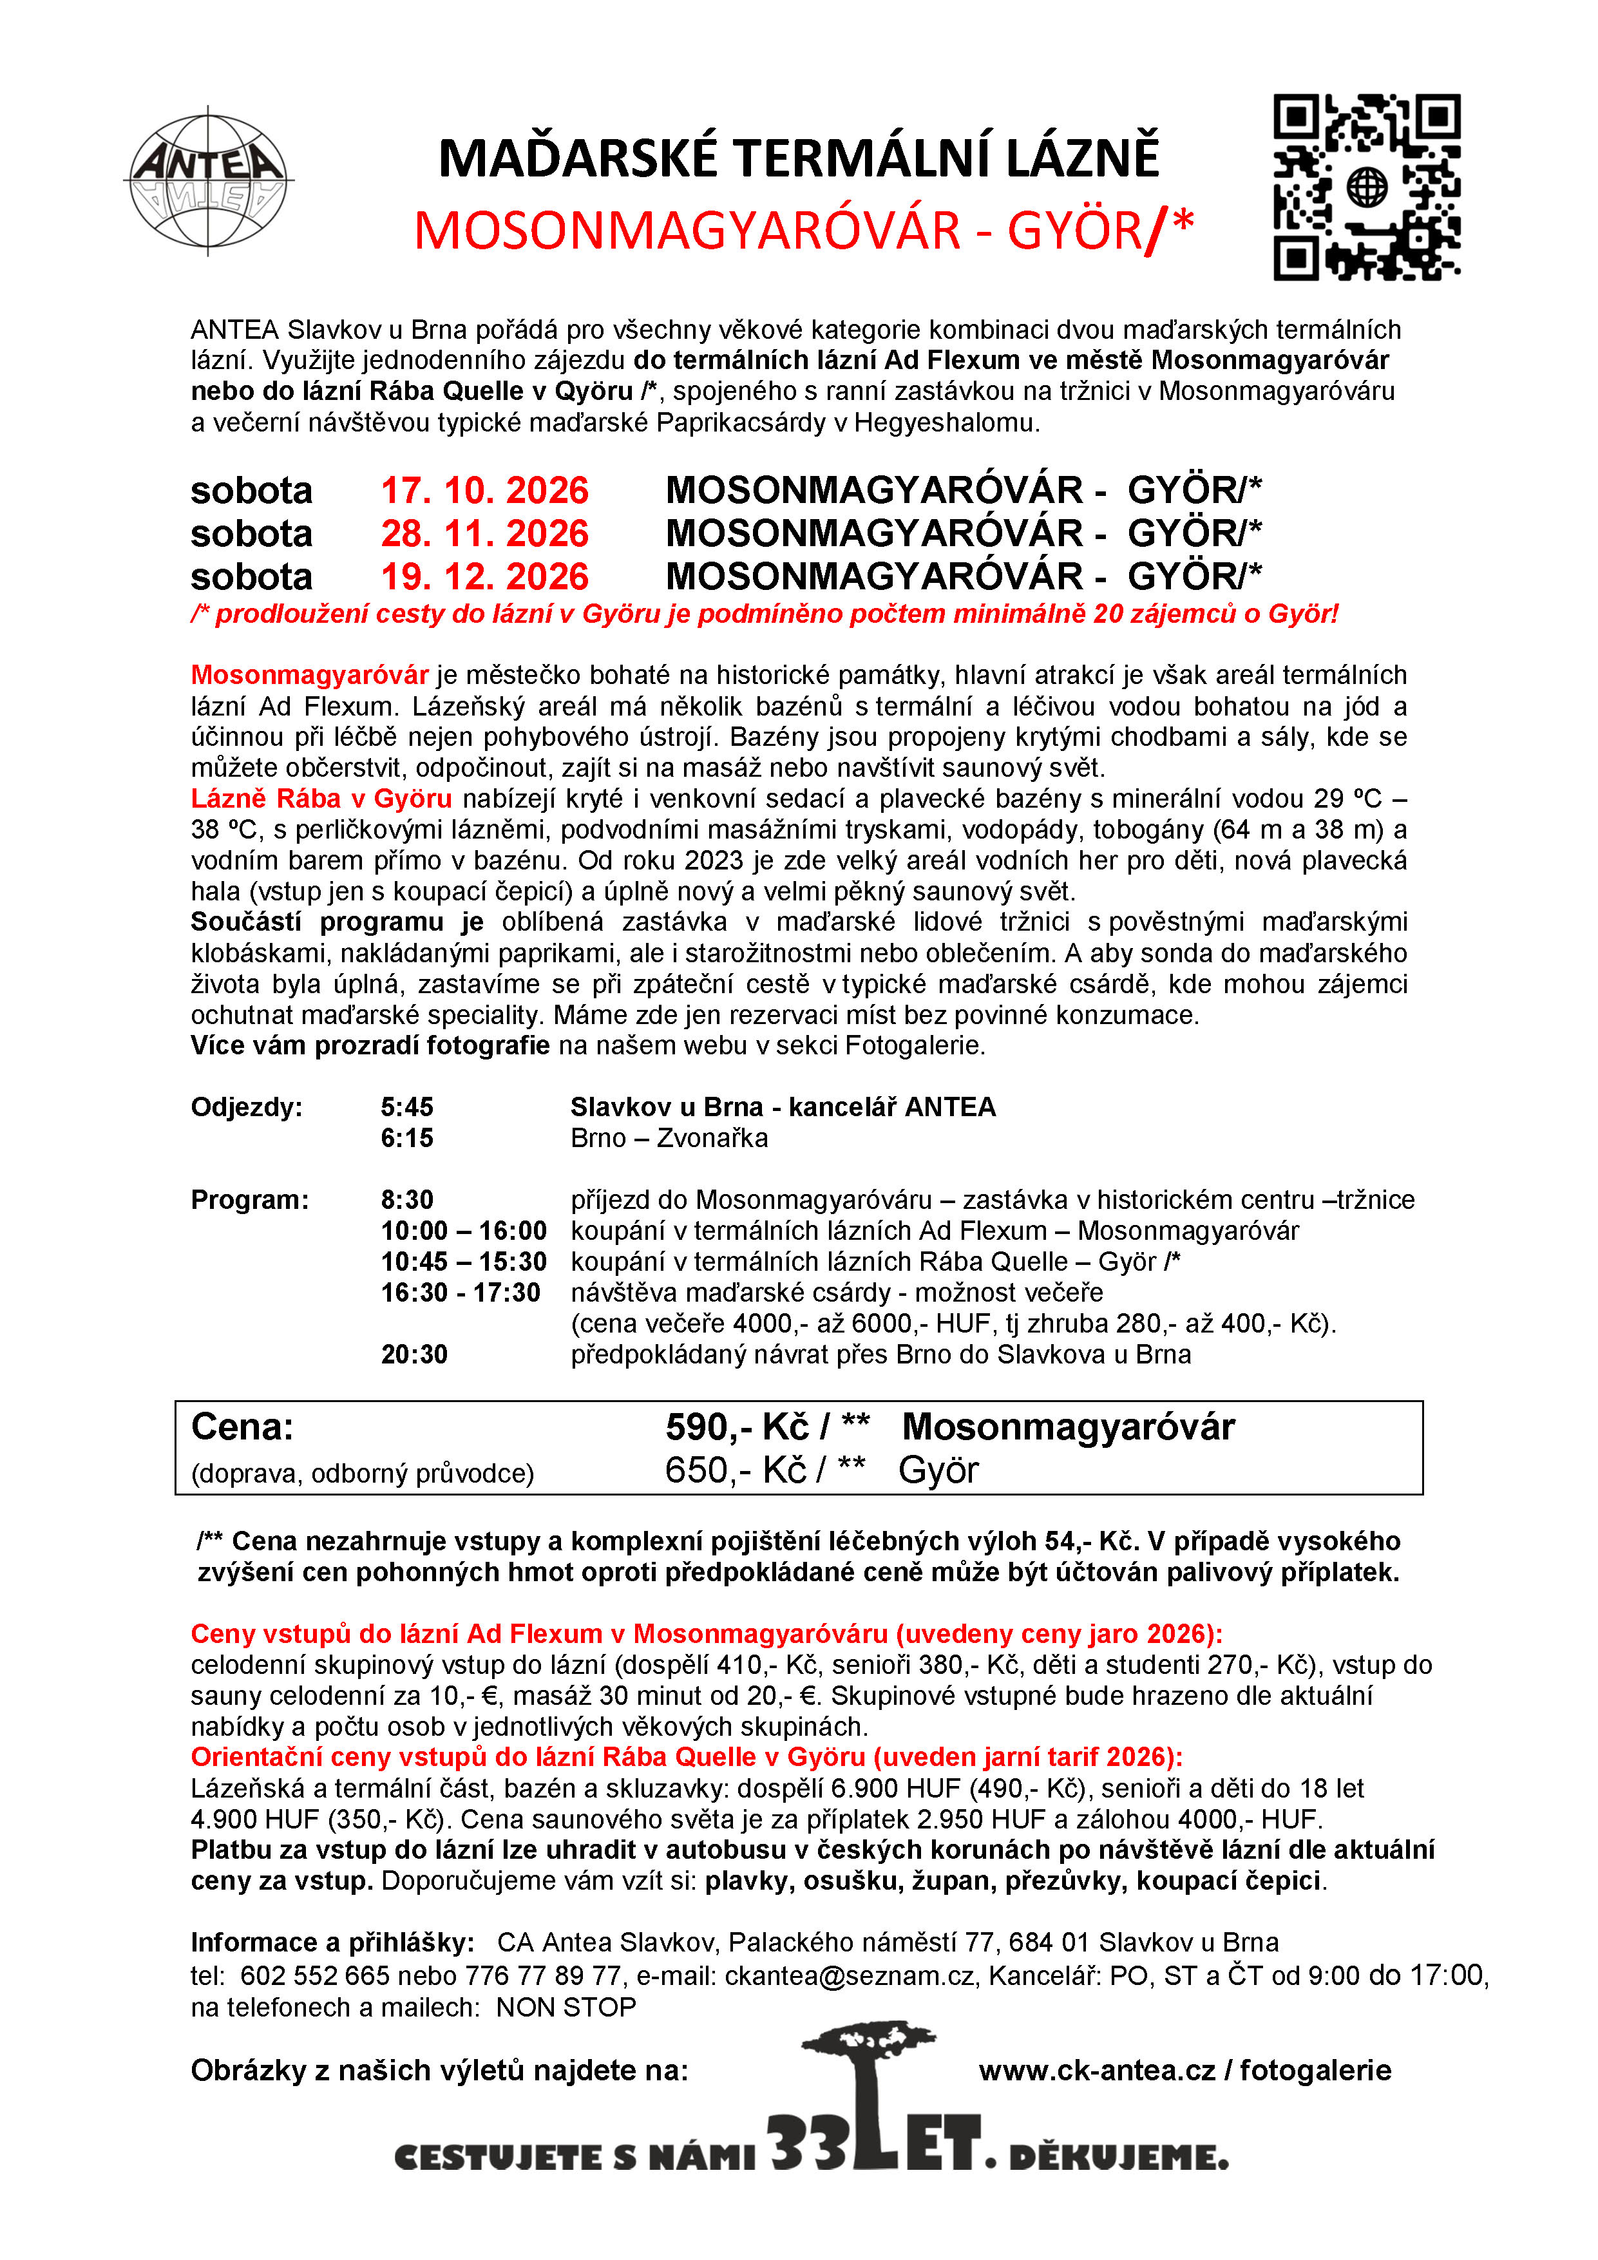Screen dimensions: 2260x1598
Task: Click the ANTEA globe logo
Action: point(209,181)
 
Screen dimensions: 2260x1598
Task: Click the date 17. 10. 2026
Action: point(484,490)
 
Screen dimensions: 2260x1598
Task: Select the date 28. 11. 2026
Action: point(484,533)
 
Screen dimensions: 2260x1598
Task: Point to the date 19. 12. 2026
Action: point(484,576)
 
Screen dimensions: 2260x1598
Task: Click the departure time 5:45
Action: point(406,1106)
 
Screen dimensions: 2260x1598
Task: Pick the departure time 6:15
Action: point(406,1138)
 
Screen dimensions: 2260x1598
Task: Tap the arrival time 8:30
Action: point(406,1200)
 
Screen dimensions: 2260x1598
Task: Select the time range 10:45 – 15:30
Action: point(462,1262)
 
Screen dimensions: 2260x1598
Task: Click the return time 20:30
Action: point(414,1354)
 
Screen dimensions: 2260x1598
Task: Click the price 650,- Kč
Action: point(736,1470)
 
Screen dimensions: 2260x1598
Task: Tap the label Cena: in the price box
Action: point(242,1427)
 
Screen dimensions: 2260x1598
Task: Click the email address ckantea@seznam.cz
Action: point(850,1975)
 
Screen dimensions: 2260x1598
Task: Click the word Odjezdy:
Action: point(246,1106)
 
